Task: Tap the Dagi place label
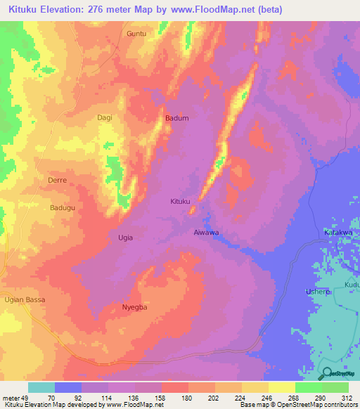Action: pos(105,117)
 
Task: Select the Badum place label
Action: pos(177,118)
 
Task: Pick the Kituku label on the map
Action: pos(181,202)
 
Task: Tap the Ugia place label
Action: pos(124,238)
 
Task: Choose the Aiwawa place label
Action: pos(207,232)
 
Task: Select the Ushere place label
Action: pos(314,291)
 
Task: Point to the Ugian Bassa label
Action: pos(24,300)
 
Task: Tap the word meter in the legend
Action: pos(12,398)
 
